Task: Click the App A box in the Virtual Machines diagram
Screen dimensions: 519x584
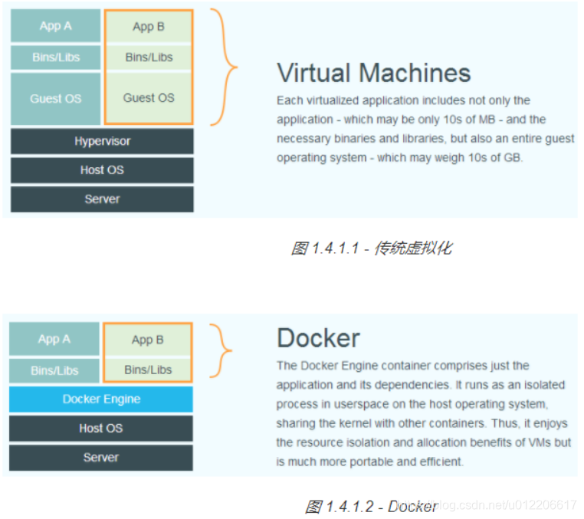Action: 55,26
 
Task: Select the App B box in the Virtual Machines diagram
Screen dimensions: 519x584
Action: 149,27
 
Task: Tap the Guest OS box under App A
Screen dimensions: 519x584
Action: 55,99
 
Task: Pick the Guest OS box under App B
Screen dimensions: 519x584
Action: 149,98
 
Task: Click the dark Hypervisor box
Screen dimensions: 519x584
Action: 102,141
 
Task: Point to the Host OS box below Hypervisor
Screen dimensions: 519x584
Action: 102,170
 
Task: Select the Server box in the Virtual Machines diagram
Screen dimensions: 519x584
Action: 102,199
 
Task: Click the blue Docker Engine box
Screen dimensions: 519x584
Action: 101,399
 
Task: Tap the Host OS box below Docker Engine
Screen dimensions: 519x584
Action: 101,429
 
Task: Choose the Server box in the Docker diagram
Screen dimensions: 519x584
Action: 101,458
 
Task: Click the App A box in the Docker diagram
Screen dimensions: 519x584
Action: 54,339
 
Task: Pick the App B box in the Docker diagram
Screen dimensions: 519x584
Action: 148,340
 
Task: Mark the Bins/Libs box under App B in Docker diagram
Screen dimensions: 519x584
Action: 148,370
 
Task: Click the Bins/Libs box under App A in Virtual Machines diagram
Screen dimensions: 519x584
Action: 55,57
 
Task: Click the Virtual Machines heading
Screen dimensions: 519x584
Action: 373,73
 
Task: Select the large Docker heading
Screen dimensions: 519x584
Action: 318,338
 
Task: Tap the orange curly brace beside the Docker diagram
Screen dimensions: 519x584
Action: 222,350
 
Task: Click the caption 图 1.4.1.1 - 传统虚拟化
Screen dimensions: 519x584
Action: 372,248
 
